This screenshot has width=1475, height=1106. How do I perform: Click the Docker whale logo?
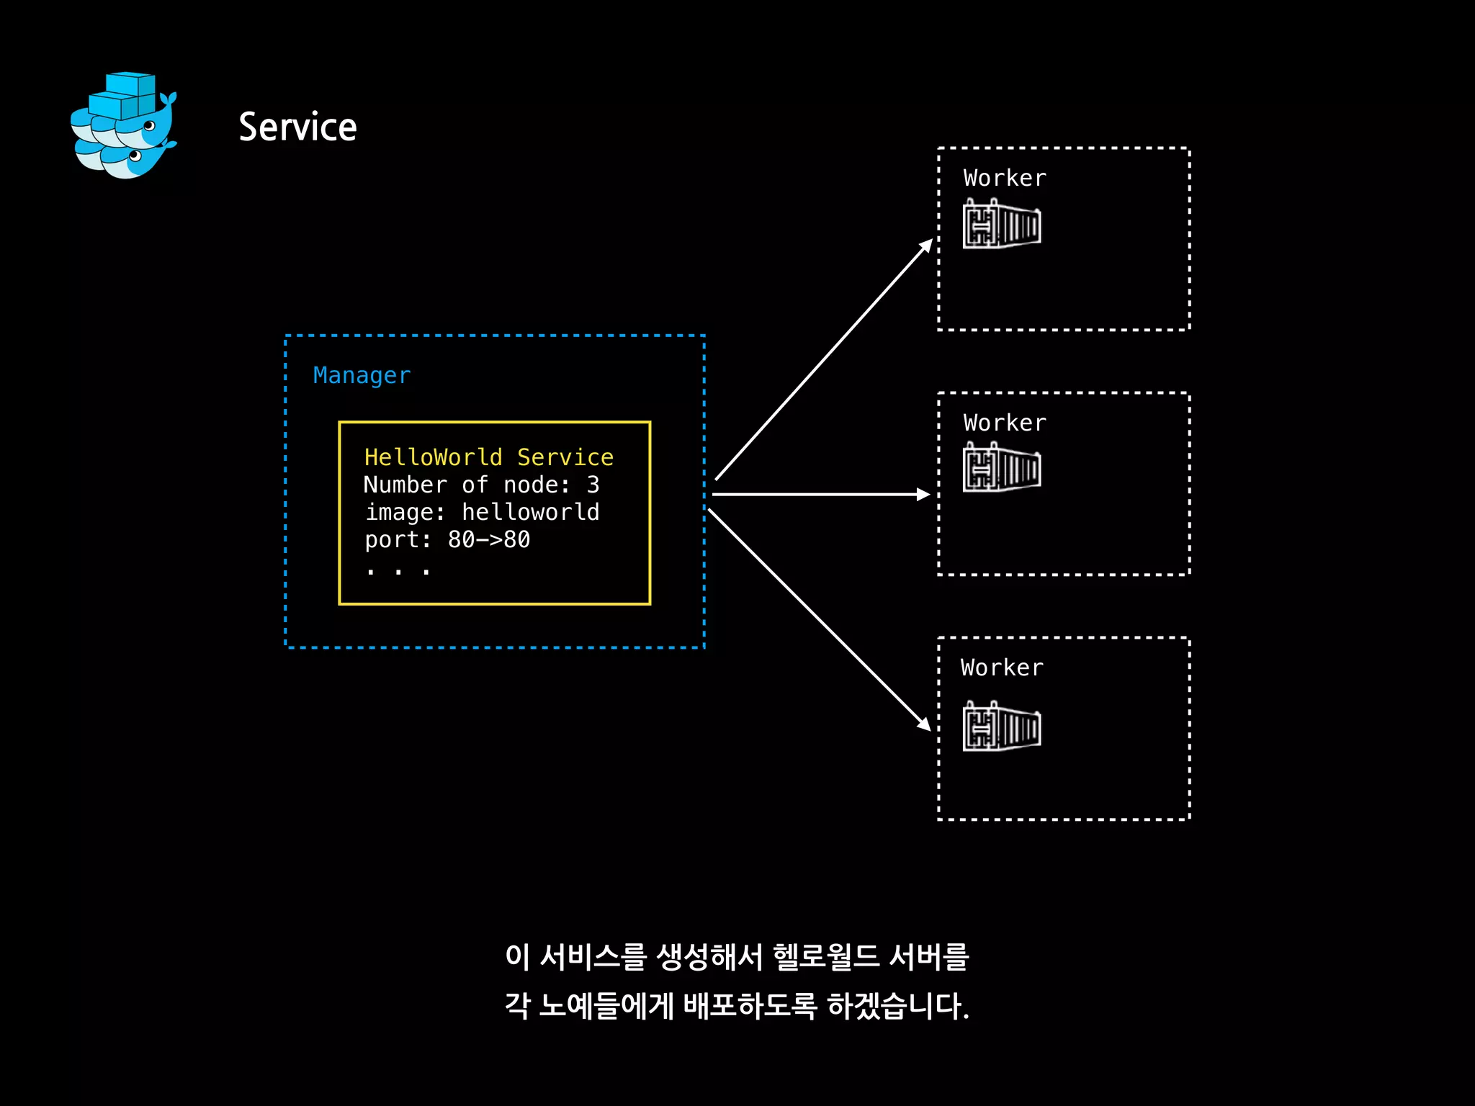pyautogui.click(x=124, y=125)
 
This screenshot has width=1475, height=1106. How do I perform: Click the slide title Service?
pyautogui.click(x=297, y=127)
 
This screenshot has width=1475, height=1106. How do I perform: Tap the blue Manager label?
pyautogui.click(x=362, y=375)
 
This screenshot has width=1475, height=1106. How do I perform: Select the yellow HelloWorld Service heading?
pyautogui.click(x=488, y=457)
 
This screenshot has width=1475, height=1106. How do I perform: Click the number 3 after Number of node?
pyautogui.click(x=593, y=485)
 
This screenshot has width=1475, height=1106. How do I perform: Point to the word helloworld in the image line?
pyautogui.click(x=530, y=512)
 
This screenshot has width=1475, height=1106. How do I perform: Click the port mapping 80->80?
pyautogui.click(x=489, y=539)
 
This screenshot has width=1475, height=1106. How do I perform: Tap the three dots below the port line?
pyautogui.click(x=398, y=572)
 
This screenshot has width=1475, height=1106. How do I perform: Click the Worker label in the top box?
pyautogui.click(x=1005, y=178)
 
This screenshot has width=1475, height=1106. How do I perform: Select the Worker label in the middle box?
pyautogui.click(x=1005, y=423)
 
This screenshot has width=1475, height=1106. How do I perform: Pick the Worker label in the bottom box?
pyautogui.click(x=1002, y=667)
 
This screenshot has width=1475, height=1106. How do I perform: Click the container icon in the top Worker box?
pyautogui.click(x=1002, y=225)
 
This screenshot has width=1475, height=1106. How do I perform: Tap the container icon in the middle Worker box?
pyautogui.click(x=1002, y=468)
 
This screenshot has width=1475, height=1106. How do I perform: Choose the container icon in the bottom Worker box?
pyautogui.click(x=1002, y=727)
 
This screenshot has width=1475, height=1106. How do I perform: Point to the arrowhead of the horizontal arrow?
pyautogui.click(x=923, y=494)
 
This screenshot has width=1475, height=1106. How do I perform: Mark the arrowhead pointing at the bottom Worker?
pyautogui.click(x=924, y=724)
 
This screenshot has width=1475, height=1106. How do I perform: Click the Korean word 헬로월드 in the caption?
pyautogui.click(x=826, y=957)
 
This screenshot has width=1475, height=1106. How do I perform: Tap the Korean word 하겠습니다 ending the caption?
pyautogui.click(x=897, y=1006)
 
